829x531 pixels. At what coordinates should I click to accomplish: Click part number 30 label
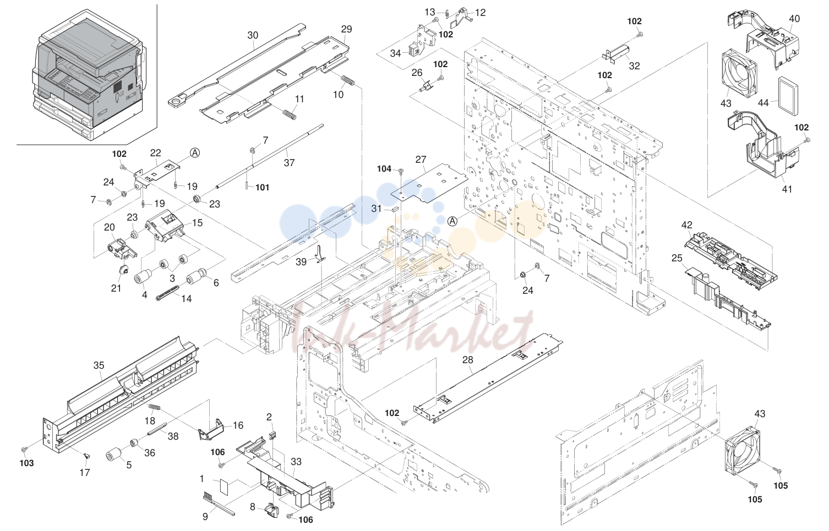coord(253,35)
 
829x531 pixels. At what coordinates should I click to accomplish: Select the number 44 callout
coord(763,103)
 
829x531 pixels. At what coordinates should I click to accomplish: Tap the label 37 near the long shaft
coord(289,163)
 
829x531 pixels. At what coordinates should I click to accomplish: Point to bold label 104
coord(384,169)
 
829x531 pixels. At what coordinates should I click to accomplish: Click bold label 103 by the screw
coord(26,463)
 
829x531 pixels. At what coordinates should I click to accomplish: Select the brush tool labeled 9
coord(219,503)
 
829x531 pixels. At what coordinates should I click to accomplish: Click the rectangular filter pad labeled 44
coord(788,97)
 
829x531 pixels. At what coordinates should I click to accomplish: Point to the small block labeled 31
coord(394,209)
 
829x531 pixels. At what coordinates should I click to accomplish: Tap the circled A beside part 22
coord(195,152)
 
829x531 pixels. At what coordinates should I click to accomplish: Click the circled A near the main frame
coord(452,221)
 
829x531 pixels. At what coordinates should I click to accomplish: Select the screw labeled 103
coord(24,449)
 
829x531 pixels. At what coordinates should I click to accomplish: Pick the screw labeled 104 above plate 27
coord(401,171)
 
